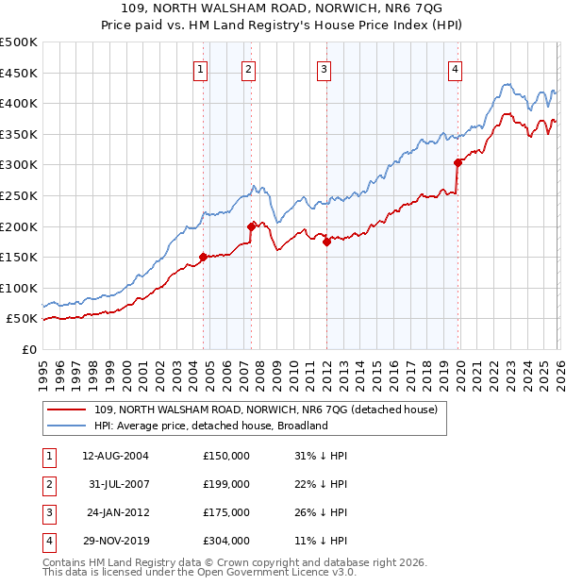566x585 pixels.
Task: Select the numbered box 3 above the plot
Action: coord(324,68)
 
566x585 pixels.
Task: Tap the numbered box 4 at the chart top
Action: coord(455,68)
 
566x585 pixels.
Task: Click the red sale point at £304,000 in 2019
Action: coord(458,162)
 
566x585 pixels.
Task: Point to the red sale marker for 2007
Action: coord(252,226)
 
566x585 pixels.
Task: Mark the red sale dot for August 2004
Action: coord(203,257)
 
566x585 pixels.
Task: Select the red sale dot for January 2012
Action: coord(326,242)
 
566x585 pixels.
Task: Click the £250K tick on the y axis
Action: coord(19,195)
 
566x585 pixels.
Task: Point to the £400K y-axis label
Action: coord(19,103)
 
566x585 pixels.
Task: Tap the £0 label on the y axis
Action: coord(28,349)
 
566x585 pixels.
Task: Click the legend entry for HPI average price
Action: coord(209,426)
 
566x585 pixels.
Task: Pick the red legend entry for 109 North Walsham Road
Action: coord(265,410)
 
